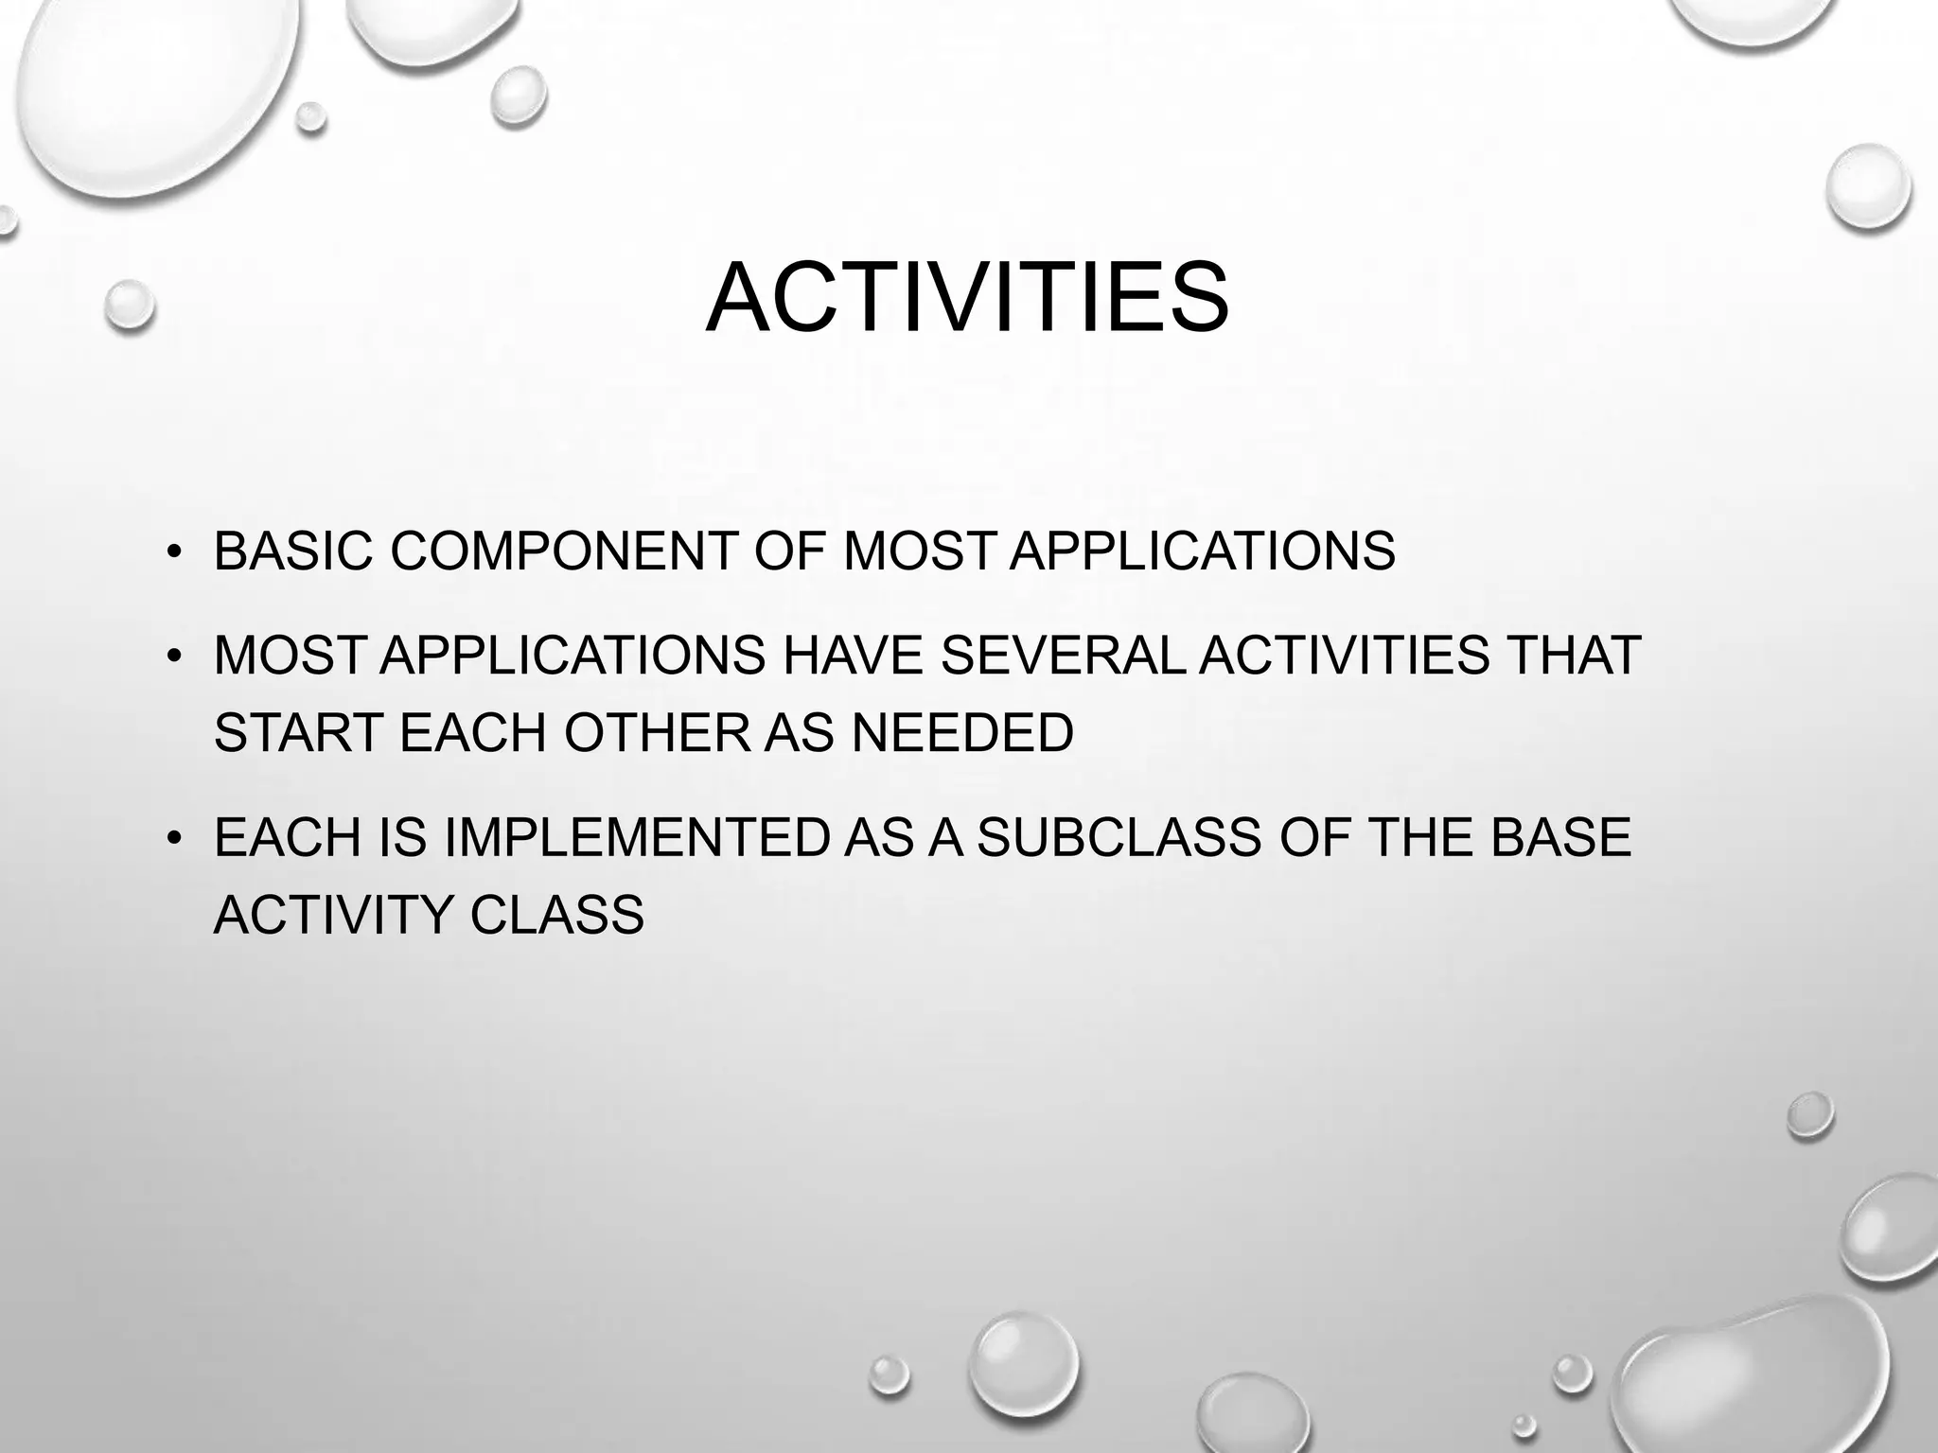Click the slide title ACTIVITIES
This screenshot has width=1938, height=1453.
(967, 298)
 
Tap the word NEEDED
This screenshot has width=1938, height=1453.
(962, 732)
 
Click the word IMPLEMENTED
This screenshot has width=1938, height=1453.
(636, 837)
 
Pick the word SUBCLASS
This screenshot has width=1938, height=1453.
(1119, 837)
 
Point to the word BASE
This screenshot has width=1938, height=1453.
(1561, 837)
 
